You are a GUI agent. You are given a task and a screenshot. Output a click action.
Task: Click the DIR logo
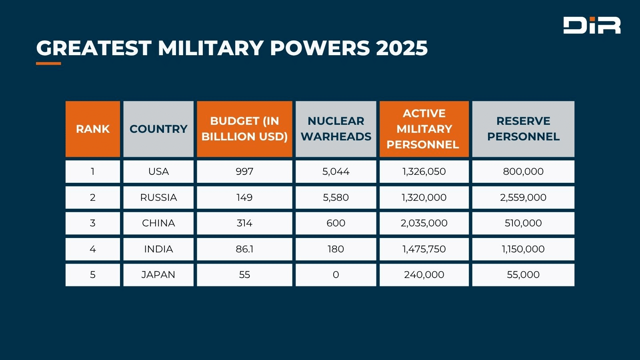592,25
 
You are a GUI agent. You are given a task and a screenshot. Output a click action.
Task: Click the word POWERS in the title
320,48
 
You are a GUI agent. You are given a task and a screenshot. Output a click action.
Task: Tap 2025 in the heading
402,48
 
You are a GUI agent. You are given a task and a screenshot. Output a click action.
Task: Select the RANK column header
93,129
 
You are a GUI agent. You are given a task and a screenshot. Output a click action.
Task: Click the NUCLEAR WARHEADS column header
336,129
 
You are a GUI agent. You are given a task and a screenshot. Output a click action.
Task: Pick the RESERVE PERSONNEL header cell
523,129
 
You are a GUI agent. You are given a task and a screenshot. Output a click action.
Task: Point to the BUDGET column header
244,129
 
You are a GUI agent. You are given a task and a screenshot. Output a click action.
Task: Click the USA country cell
158,172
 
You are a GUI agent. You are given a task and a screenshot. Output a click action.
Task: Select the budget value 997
244,172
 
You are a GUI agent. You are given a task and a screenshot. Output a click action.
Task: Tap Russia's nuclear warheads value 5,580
336,197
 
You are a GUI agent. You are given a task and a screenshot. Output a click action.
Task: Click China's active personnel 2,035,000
424,223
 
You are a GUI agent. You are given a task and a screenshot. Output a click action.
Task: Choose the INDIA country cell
158,249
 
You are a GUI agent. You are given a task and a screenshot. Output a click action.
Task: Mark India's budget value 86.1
244,249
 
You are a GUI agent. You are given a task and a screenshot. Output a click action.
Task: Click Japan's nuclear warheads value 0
336,275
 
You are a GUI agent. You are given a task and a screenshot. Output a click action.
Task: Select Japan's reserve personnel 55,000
523,275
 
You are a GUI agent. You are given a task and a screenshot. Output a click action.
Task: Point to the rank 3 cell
93,223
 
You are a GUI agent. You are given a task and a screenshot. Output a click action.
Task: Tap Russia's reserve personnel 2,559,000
523,197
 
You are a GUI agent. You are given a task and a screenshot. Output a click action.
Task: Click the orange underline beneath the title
48,63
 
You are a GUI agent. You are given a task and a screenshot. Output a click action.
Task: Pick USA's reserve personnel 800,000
523,172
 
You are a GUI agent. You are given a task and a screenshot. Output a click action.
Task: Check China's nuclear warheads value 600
336,223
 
